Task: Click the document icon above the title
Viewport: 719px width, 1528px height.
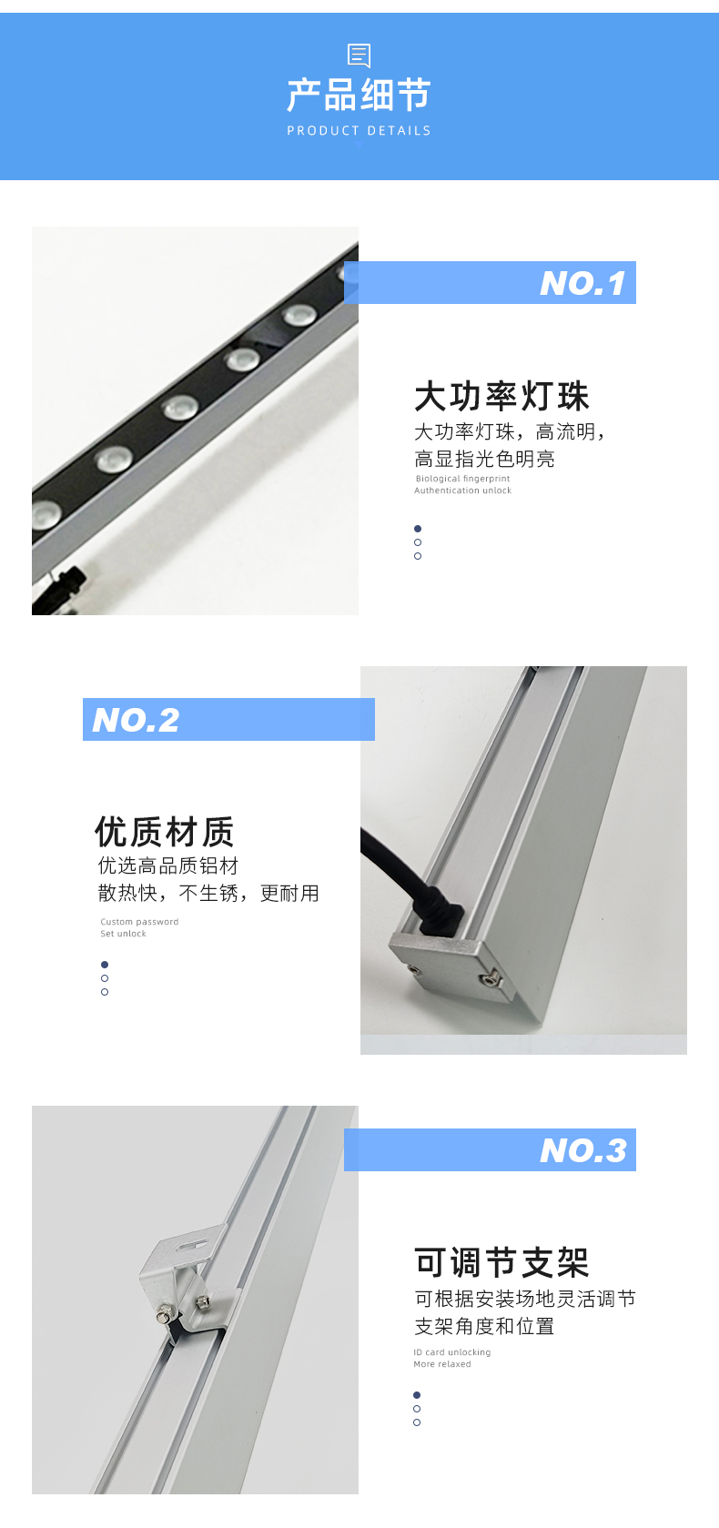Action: [359, 56]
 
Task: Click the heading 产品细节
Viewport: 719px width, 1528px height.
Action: [359, 94]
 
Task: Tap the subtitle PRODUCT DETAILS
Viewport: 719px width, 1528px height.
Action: [359, 130]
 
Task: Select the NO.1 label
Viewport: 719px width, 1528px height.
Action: [582, 283]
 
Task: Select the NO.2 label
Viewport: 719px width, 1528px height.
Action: [136, 720]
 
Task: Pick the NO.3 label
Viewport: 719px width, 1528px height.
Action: [583, 1150]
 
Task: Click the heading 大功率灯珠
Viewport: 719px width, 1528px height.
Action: [501, 396]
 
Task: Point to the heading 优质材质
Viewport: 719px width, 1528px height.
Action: [165, 832]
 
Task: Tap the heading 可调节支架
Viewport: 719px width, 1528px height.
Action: [501, 1262]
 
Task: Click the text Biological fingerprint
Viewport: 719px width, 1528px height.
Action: [462, 478]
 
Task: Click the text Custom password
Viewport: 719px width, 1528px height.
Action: [139, 922]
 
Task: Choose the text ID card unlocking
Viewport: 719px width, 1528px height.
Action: [452, 1352]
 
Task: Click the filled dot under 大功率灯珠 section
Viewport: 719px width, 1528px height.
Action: [418, 529]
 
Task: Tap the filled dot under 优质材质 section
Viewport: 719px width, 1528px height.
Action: [105, 965]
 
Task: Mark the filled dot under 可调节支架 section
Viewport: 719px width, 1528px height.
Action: [417, 1395]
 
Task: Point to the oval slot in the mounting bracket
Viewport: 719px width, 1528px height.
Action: [192, 1245]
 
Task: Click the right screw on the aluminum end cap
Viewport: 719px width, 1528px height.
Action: [488, 980]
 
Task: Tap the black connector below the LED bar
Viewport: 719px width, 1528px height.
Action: [66, 582]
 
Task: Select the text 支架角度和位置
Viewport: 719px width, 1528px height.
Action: [484, 1326]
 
